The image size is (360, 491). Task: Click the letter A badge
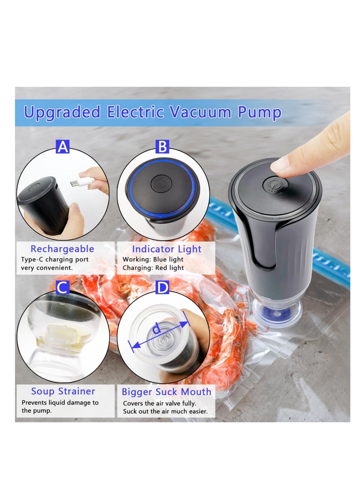pyautogui.click(x=63, y=147)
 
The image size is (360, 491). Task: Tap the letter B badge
pyautogui.click(x=162, y=147)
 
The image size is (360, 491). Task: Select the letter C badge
pyautogui.click(x=63, y=288)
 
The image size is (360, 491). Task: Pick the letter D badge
pyautogui.click(x=162, y=288)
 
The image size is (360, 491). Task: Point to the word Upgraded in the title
pyautogui.click(x=62, y=112)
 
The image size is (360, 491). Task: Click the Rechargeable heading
pyautogui.click(x=63, y=249)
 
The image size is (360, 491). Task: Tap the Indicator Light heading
pyautogui.click(x=166, y=249)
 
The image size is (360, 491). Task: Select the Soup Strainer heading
pyautogui.click(x=63, y=391)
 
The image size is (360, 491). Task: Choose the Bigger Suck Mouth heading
pyautogui.click(x=166, y=392)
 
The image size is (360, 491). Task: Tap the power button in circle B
pyautogui.click(x=161, y=184)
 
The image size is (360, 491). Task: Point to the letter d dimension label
pyautogui.click(x=156, y=329)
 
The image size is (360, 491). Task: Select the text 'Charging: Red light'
pyautogui.click(x=153, y=268)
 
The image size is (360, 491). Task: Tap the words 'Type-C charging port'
pyautogui.click(x=55, y=260)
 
